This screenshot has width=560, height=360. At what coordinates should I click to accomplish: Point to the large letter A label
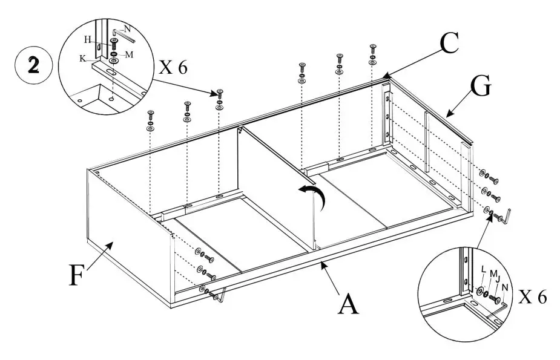[x=348, y=304]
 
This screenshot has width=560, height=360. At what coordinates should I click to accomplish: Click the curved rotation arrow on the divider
[x=315, y=197]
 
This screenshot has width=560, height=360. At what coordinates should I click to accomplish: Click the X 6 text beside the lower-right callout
[x=533, y=298]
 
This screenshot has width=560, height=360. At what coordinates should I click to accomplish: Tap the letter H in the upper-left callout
[x=88, y=40]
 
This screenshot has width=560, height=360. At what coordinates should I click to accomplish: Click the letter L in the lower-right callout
[x=482, y=268]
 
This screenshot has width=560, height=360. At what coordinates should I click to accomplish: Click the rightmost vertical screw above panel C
[x=372, y=48]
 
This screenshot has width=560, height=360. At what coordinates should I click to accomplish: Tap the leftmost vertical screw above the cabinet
[x=150, y=114]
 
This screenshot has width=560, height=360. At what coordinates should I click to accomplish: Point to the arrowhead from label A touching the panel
[x=323, y=263]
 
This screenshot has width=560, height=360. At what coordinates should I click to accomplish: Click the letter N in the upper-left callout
[x=127, y=28]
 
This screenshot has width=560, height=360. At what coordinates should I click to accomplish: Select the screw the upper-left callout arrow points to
[x=219, y=94]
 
